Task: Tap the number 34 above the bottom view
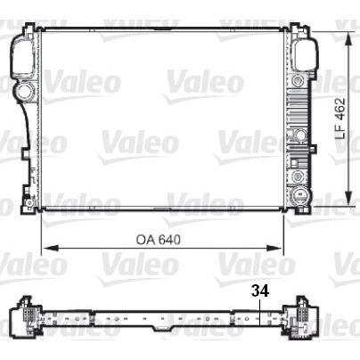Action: pyautogui.click(x=258, y=290)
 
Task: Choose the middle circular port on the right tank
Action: pyautogui.click(x=301, y=135)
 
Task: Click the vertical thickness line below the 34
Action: pyautogui.click(x=258, y=316)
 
